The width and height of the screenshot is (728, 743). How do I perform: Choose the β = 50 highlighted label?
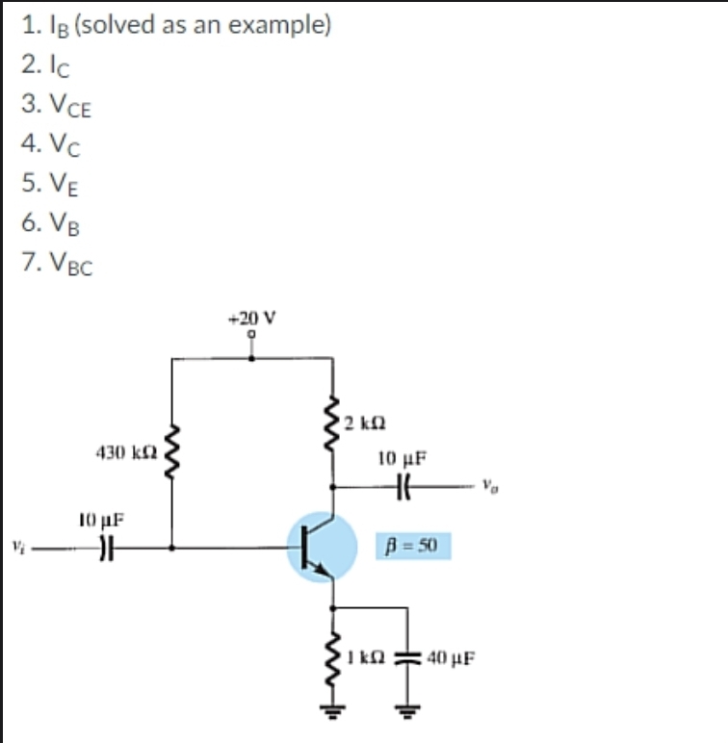click(x=412, y=547)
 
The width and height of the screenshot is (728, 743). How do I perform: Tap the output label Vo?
click(x=491, y=483)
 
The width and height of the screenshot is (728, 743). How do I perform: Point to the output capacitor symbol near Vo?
click(x=403, y=484)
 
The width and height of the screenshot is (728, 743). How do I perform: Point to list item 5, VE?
click(x=49, y=183)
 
